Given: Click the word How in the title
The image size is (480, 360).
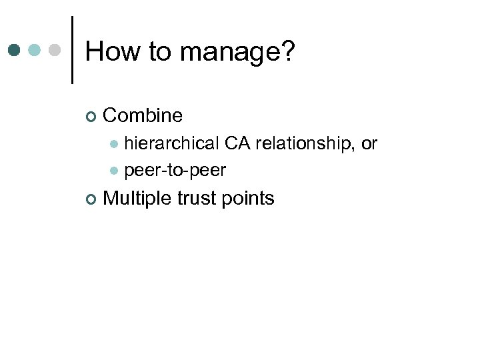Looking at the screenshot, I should click(x=110, y=51).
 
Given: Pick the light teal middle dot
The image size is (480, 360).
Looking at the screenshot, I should click(x=35, y=50).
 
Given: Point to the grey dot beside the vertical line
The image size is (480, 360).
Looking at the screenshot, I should click(x=55, y=50).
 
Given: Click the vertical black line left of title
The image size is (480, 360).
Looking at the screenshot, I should click(x=72, y=50).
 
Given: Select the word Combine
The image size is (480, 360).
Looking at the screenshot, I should click(x=143, y=115).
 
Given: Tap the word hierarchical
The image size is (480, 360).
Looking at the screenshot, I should click(x=172, y=143).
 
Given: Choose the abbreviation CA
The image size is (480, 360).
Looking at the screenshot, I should click(x=238, y=143).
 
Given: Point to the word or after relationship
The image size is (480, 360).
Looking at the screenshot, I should click(x=369, y=143).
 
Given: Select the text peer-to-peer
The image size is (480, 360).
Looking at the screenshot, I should click(x=175, y=171).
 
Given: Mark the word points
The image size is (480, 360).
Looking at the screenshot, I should click(x=250, y=199).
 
